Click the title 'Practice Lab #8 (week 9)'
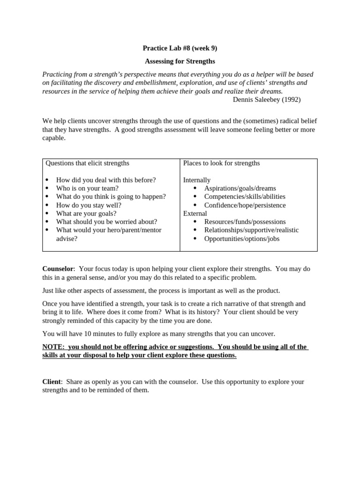pos(180,48)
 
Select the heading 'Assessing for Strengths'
pos(180,61)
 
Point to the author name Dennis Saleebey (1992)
pos(266,99)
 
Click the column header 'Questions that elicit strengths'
pos(87,163)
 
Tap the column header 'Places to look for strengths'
pos(221,163)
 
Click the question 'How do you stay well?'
pos(89,205)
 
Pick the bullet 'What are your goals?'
pos(86,213)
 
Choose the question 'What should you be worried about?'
pos(106,222)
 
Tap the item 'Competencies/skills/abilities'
pos(245,196)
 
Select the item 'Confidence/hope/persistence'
pos(245,205)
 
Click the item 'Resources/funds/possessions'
pos(245,222)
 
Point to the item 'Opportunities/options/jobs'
pos(242,239)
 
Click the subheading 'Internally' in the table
pos(197,180)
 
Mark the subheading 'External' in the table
pos(195,213)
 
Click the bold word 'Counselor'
pos(58,269)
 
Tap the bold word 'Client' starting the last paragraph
pos(52,382)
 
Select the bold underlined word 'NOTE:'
pos(54,347)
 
